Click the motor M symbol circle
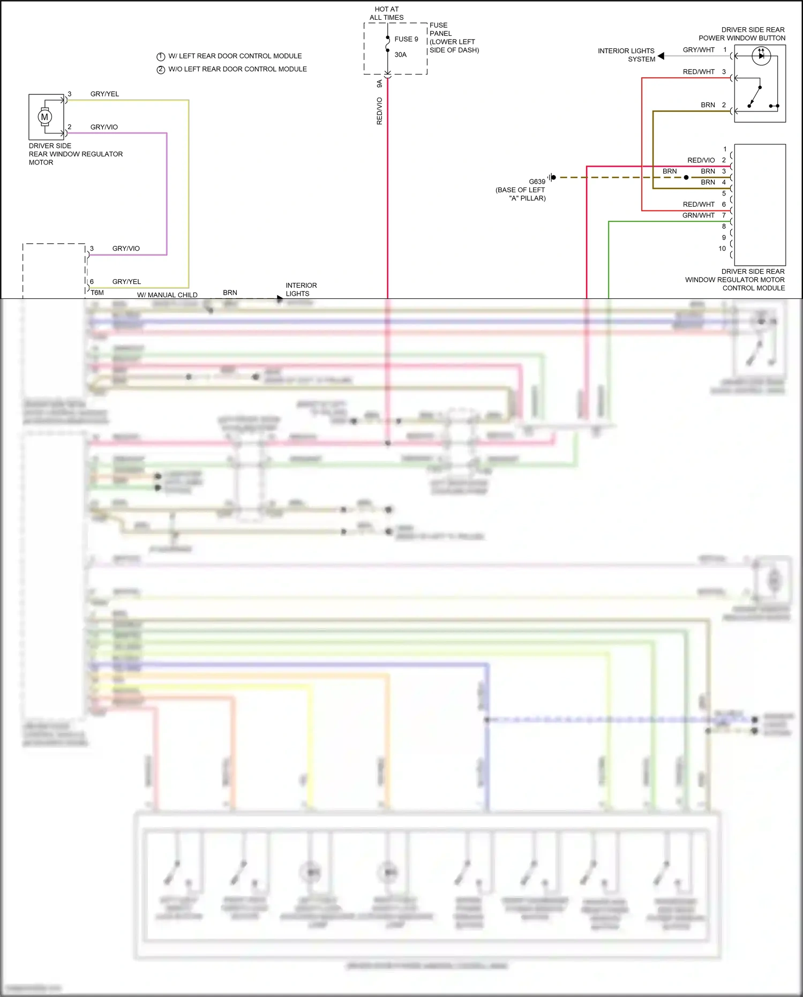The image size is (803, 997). coord(45,117)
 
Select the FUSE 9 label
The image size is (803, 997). coord(406,39)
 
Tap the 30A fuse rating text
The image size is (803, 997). coord(400,55)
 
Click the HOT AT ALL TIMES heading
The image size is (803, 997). coord(386,13)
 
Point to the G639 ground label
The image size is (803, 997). coord(537,182)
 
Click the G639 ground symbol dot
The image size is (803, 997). coord(553,177)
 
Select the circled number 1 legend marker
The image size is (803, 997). coord(160,56)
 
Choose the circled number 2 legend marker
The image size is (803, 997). coord(160,70)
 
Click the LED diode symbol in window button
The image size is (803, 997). coord(761,55)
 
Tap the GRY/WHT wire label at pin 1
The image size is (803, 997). coord(698,50)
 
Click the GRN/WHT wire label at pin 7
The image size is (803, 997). coord(698,215)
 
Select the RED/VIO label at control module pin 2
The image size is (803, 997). coord(701,160)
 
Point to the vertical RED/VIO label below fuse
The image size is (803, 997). coord(379,111)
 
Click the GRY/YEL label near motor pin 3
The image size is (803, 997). coord(104,94)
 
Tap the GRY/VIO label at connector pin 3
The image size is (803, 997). coord(126,249)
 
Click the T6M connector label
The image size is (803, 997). coord(97,293)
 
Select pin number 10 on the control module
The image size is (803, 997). coord(722,249)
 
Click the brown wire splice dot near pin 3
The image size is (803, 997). coord(686,177)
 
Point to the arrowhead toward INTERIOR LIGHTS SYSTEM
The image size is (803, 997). coord(661,56)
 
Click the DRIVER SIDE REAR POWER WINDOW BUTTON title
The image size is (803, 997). coord(742,34)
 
